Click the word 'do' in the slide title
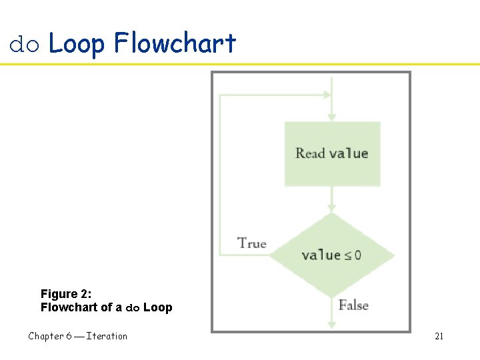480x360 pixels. pyautogui.click(x=25, y=45)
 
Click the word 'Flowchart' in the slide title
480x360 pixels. pyautogui.click(x=175, y=43)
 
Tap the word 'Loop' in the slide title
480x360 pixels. pyautogui.click(x=77, y=44)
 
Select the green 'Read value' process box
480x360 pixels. pyautogui.click(x=332, y=153)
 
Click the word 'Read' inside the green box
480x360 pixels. pyautogui.click(x=310, y=153)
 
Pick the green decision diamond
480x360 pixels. pyautogui.click(x=331, y=255)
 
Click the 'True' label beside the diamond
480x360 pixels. pyautogui.click(x=252, y=243)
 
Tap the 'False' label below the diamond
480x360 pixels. pyautogui.click(x=353, y=305)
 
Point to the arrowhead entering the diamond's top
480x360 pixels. pyautogui.click(x=331, y=209)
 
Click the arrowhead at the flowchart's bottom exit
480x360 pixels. pyautogui.click(x=331, y=325)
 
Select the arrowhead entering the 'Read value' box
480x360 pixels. pyautogui.click(x=331, y=117)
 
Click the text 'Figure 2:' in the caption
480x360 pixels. pyautogui.click(x=65, y=294)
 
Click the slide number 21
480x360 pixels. pyautogui.click(x=439, y=336)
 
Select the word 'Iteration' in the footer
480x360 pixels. pyautogui.click(x=107, y=336)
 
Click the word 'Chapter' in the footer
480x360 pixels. pyautogui.click(x=45, y=336)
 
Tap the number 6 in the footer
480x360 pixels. pyautogui.click(x=69, y=336)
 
